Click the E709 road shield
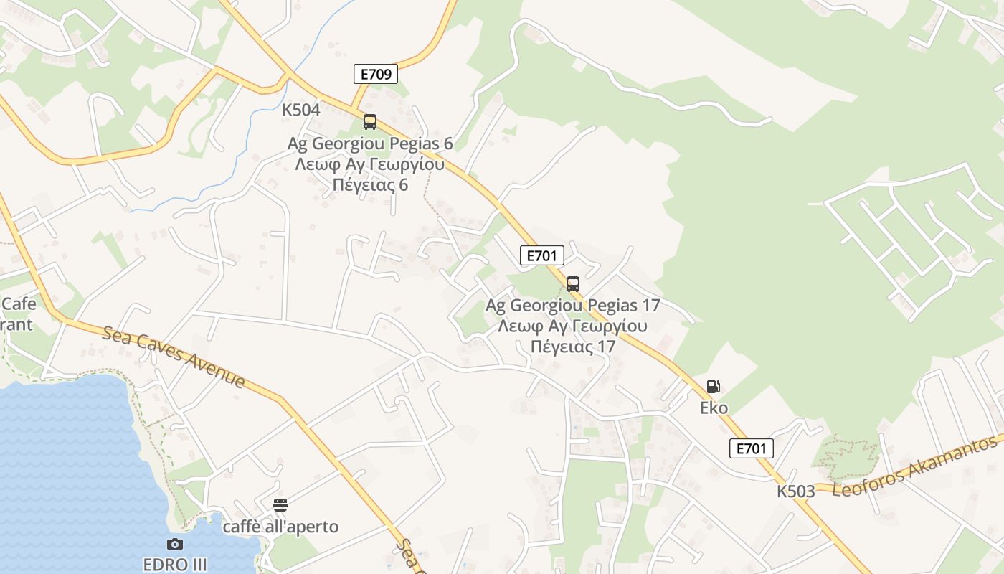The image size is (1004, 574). pos(375,73)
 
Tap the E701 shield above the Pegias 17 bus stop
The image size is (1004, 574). pos(541,255)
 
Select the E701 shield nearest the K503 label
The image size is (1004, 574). pos(752,448)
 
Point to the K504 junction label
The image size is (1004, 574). pos(300,110)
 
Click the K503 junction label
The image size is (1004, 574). pos(795,491)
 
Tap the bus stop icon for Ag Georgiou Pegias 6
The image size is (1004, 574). pos(370,122)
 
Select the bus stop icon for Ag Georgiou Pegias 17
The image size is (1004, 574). pos(572,284)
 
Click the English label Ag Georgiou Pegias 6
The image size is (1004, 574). pos(370,143)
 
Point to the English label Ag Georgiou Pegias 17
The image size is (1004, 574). pos(572,305)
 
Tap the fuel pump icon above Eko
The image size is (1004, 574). pos(713,387)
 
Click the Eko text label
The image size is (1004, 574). pos(714,408)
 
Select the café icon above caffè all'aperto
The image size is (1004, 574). pos(280,505)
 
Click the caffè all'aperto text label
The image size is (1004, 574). pos(280,527)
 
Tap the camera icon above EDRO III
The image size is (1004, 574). pos(174,545)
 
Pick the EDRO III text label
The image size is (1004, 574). pos(175,564)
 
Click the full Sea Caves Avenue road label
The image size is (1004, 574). pos(174,357)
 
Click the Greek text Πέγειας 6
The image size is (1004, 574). pos(370,184)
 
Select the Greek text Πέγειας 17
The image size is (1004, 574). pos(572,347)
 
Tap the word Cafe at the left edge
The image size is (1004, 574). pos(19,304)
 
